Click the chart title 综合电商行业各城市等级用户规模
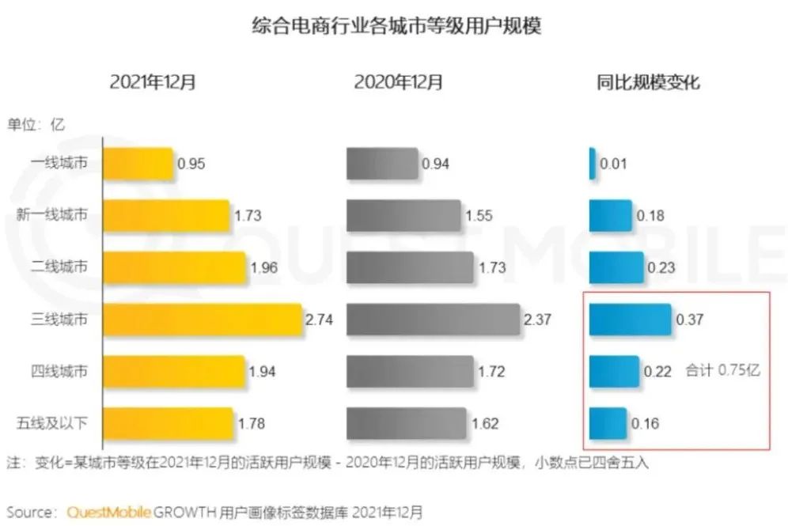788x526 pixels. pos(395,26)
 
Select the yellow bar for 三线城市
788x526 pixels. pos(203,320)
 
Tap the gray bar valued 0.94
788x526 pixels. pos(382,164)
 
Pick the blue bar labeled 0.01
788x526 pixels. pos(592,164)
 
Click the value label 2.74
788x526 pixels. pos(321,320)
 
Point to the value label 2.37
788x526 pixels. pos(538,320)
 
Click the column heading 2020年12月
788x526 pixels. pos(398,81)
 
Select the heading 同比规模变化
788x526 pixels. pos(648,81)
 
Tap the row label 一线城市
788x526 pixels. pos(59,164)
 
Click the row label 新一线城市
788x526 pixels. pos(52,215)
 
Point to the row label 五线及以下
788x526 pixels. pos(52,423)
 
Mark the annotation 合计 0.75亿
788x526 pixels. pos(722,370)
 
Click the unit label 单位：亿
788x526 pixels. pos(36,124)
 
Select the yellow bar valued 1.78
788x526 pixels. pos(168,423)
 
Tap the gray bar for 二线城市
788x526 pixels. pos(410,268)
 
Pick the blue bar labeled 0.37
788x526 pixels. pos(630,320)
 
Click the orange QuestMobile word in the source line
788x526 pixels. pos(108,511)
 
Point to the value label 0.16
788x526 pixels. pos(645,423)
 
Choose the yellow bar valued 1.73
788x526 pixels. pos(166,215)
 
